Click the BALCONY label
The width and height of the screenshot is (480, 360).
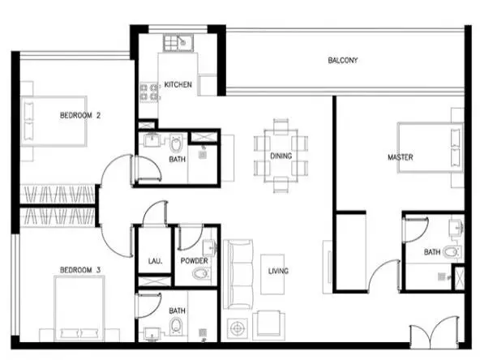[x=342, y=60]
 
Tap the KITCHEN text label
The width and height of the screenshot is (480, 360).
[x=178, y=84]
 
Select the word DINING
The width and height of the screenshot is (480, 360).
[x=281, y=156]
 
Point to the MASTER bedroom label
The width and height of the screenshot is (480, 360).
[x=400, y=157]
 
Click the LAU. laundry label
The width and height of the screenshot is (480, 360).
[x=155, y=261]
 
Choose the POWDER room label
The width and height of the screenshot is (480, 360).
[x=194, y=261]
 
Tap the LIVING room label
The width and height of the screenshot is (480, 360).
[x=278, y=271]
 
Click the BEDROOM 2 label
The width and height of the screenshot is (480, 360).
[x=80, y=115]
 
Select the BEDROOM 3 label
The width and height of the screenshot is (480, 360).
[x=80, y=270]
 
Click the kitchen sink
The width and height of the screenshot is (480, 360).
[x=178, y=43]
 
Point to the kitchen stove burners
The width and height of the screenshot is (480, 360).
[x=149, y=92]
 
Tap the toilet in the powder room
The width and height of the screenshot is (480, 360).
[x=201, y=273]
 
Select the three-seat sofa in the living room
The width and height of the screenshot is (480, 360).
[x=238, y=274]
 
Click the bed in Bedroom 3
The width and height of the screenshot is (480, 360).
[x=79, y=308]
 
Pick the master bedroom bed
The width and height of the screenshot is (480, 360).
[x=430, y=148]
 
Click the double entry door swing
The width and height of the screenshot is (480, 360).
[x=435, y=333]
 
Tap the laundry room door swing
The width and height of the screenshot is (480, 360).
[x=155, y=214]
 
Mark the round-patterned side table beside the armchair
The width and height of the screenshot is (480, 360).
[x=237, y=328]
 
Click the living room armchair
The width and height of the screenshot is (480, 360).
[x=268, y=326]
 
